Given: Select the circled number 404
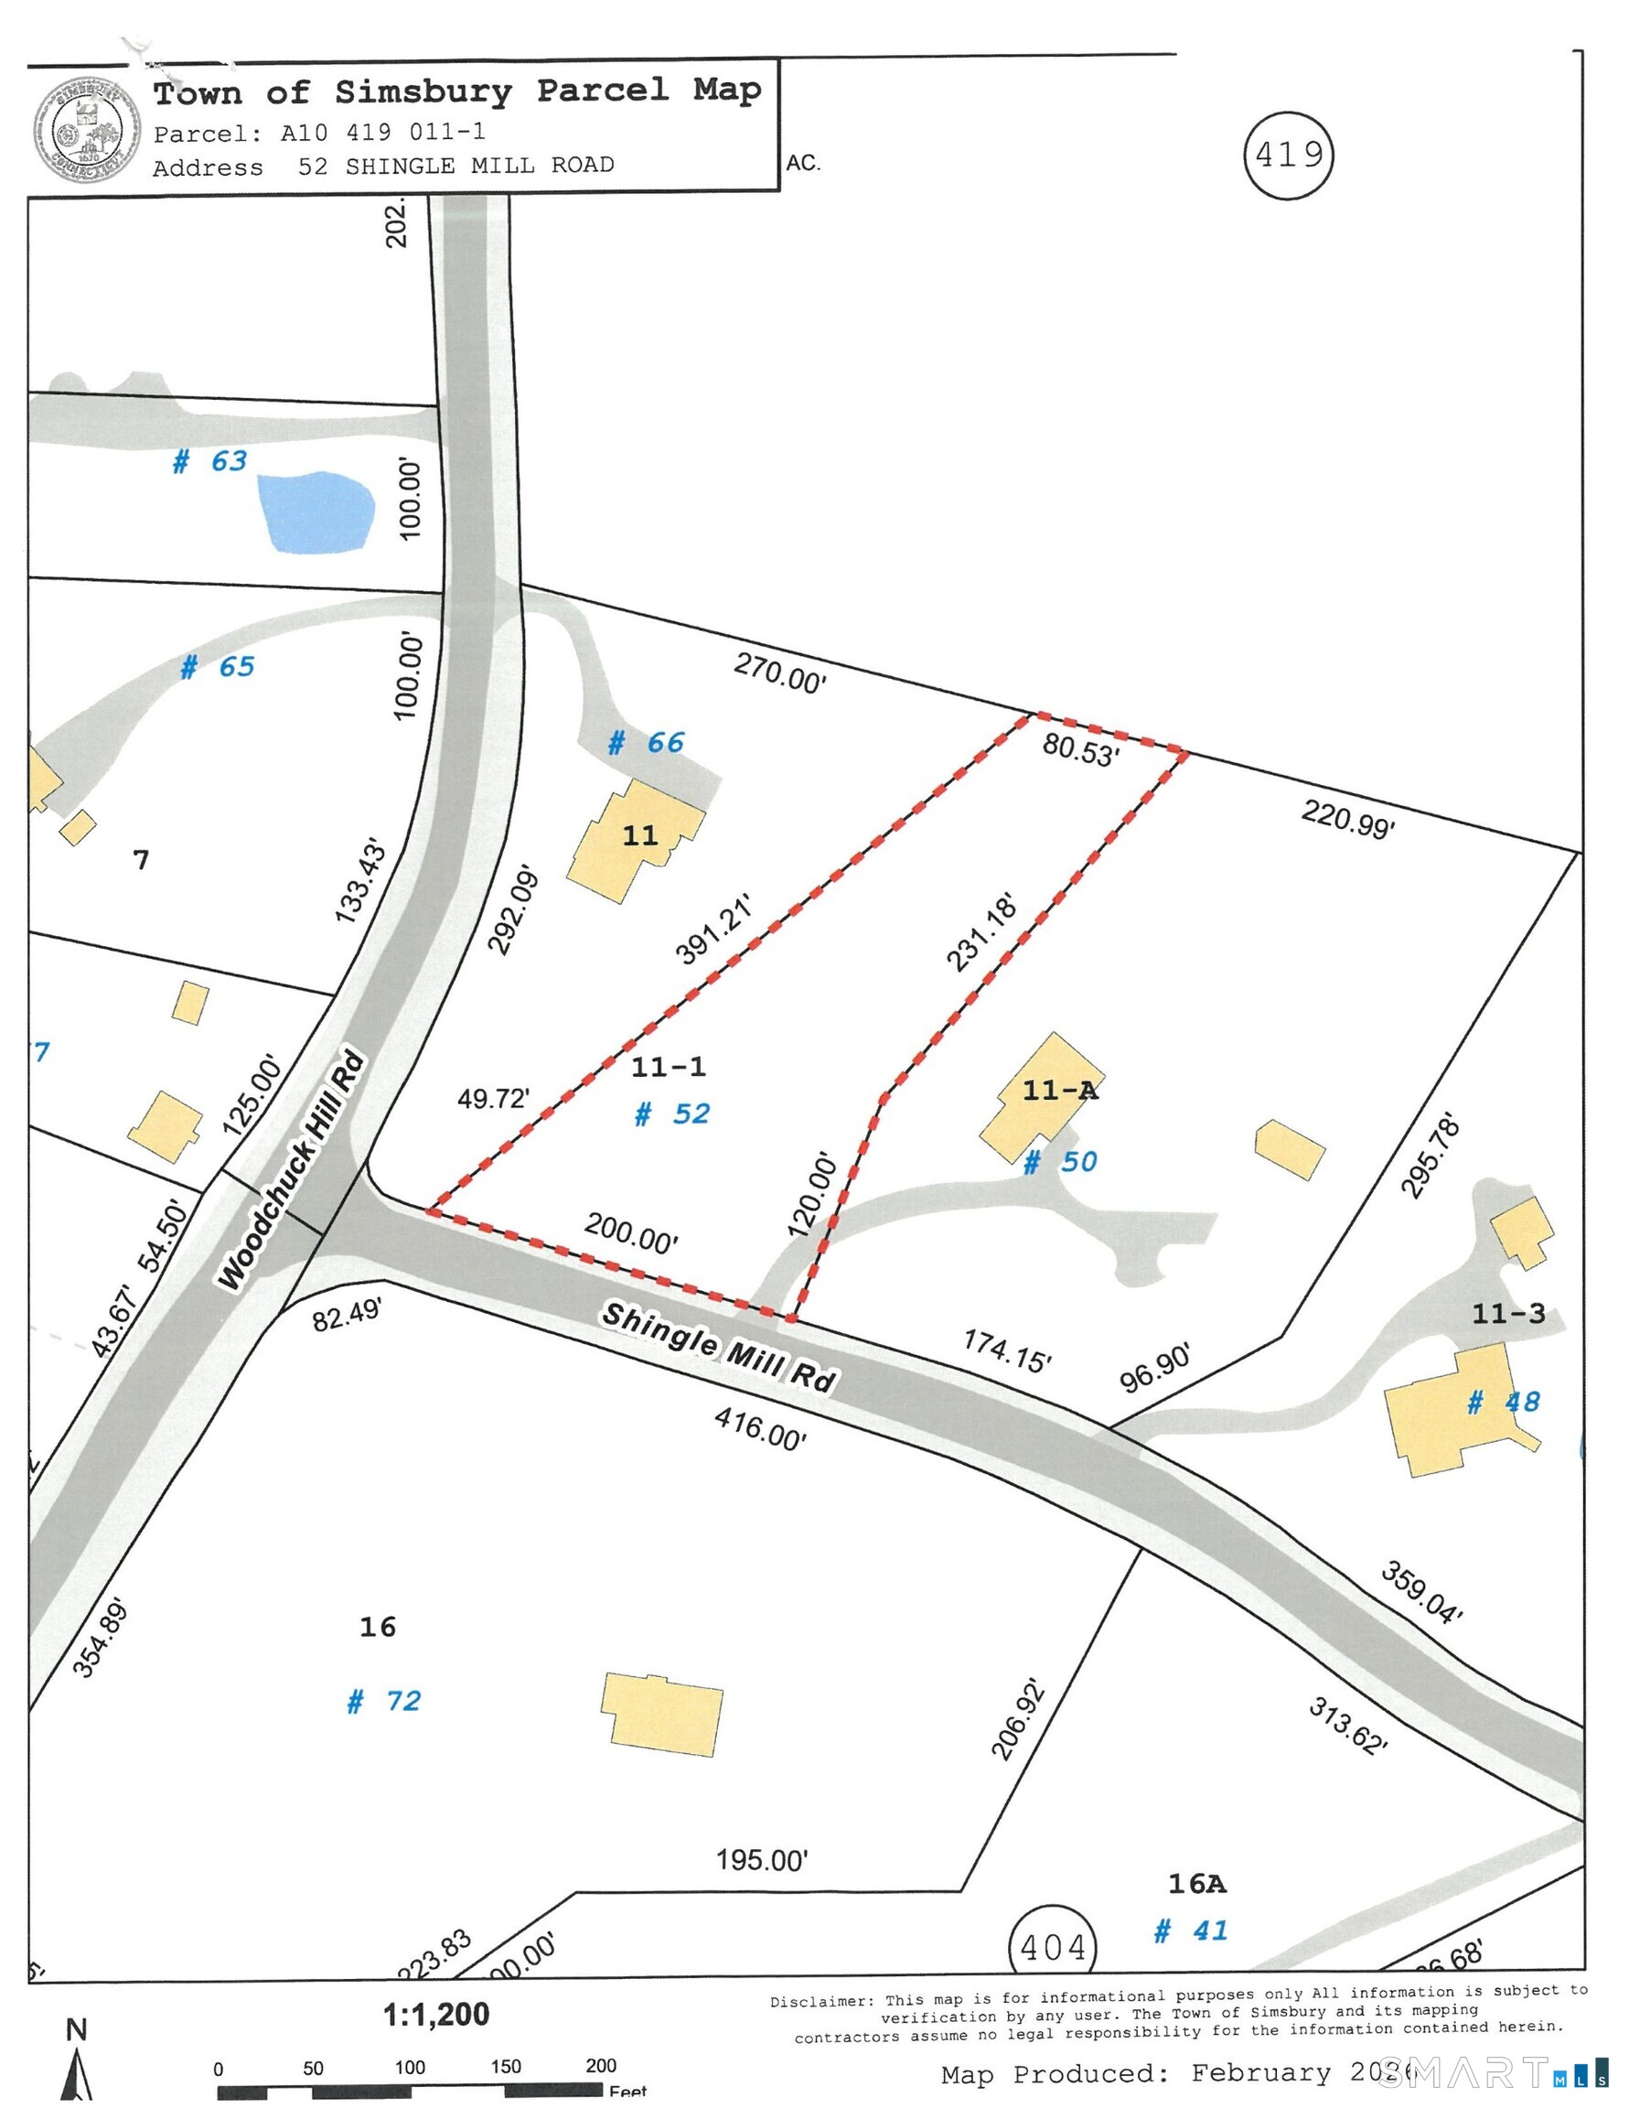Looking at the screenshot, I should pos(1053,1947).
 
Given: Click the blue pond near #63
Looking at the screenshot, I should pos(315,511).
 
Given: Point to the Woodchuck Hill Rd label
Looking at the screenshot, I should pos(292,1171).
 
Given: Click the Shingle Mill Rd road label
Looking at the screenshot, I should pos(717,1346).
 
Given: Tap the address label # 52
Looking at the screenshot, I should pos(672,1113).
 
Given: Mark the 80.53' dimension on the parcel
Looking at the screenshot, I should pos(1080,749).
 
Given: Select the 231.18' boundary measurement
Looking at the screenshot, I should pos(981,932).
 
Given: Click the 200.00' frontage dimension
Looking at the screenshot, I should pos(630,1233).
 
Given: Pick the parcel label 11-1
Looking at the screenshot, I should pos(668,1067).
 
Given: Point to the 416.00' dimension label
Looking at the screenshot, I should pos(759,1428).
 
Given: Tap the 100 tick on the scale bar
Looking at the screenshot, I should pos(409,2068).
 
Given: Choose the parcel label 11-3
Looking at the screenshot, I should pos(1507,1313).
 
